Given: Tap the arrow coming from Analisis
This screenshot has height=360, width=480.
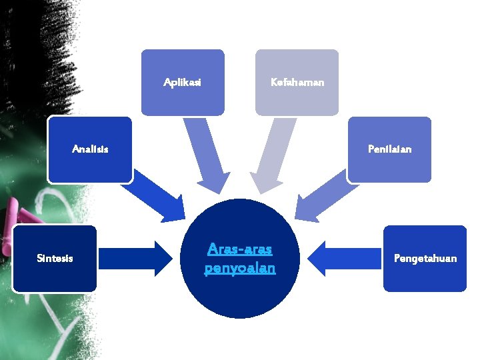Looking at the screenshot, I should click(155, 198).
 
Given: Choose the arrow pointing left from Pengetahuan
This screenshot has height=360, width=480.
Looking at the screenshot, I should click(343, 259).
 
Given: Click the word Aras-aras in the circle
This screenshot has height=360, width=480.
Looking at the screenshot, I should click(239, 249).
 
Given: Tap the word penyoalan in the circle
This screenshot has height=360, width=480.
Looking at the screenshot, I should click(239, 268).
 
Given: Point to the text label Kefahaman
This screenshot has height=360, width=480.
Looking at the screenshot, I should click(297, 83).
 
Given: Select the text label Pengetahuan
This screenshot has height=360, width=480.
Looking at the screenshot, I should click(425, 258).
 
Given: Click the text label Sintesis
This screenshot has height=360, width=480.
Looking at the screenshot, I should click(55, 258).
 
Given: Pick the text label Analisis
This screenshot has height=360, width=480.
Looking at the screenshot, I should click(90, 149).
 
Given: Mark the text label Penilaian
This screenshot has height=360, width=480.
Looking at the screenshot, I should click(389, 149).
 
